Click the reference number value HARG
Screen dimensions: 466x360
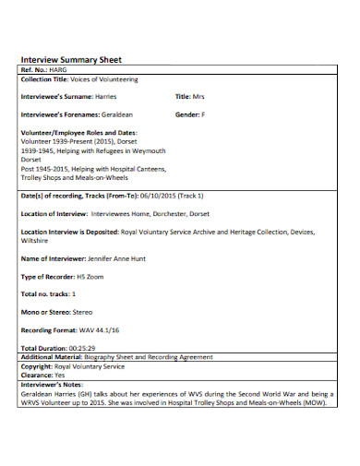(60, 70)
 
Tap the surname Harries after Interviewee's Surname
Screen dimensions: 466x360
(106, 96)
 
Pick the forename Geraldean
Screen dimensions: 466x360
(115, 115)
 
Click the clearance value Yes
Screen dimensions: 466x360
(60, 375)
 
